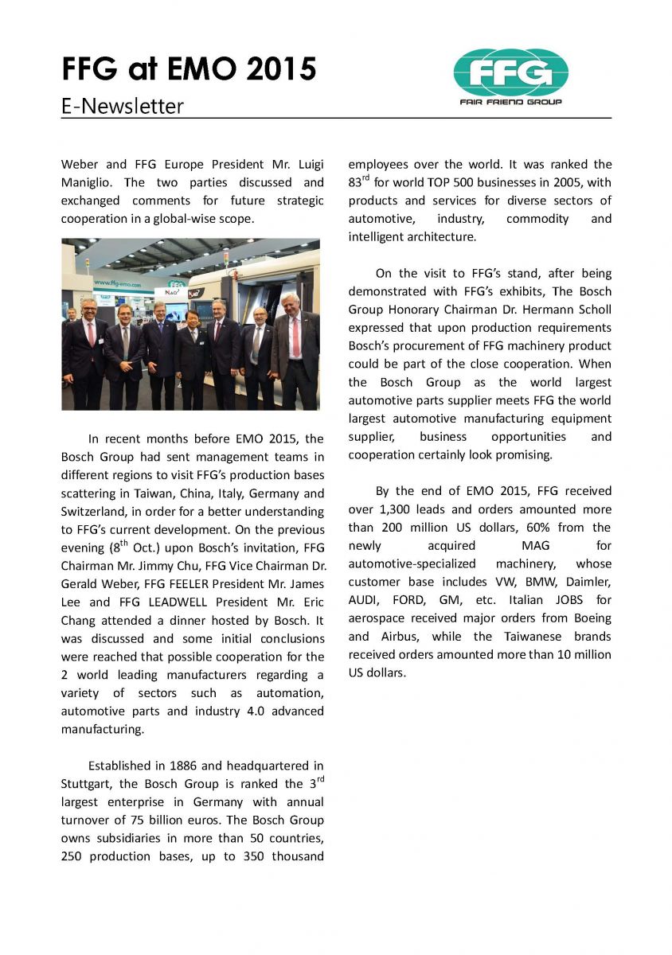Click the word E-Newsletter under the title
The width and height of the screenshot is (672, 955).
coord(123,106)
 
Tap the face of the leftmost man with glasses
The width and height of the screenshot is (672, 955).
coord(88,310)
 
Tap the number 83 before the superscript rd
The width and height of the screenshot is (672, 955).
coord(356,184)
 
